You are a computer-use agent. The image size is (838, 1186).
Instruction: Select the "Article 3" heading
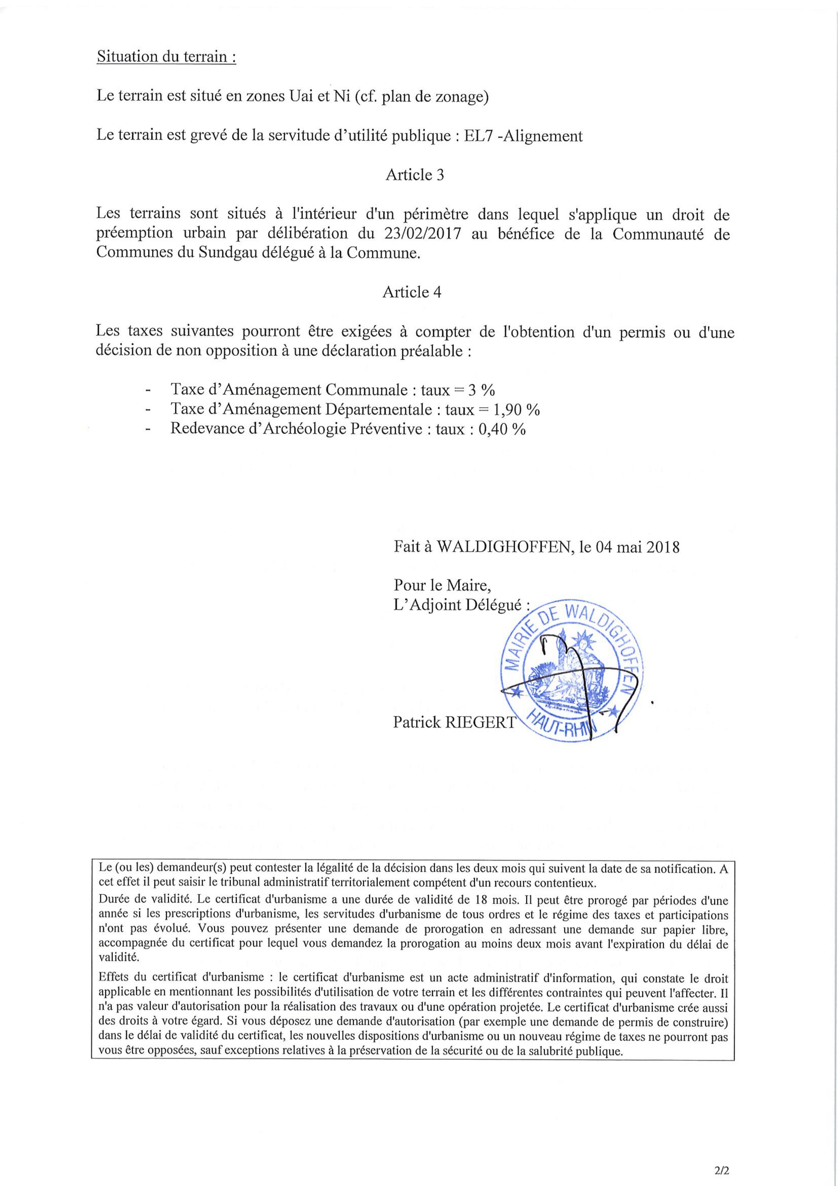click(415, 175)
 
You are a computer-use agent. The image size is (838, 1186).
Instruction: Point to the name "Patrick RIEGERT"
click(454, 722)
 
